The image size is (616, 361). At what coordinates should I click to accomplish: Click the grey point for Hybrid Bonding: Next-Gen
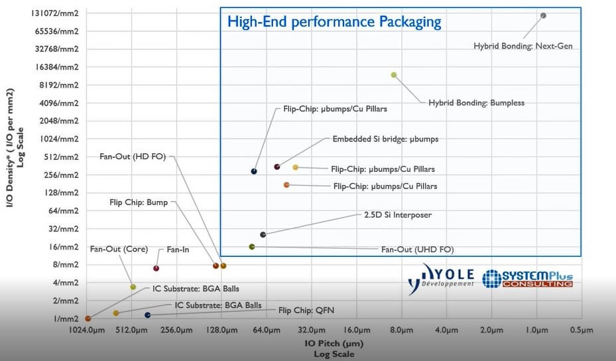tap(543, 15)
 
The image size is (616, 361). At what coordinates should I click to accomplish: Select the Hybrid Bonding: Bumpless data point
tap(394, 75)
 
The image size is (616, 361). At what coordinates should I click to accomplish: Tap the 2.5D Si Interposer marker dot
tap(263, 235)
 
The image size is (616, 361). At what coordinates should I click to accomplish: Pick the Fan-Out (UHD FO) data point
tap(252, 247)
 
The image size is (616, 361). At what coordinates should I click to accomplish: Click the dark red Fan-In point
tap(156, 268)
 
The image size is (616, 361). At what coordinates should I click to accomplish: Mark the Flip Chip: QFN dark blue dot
tap(148, 315)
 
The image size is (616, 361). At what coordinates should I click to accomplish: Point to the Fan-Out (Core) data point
tap(133, 287)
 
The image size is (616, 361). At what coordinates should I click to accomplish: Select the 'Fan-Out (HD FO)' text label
tap(133, 157)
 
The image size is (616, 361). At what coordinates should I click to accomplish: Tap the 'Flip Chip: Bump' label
tap(139, 202)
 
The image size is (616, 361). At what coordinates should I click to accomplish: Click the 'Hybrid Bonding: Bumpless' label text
tap(476, 103)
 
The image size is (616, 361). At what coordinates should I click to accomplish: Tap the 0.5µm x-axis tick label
tap(582, 330)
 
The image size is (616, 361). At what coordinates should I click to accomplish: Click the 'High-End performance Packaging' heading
tap(334, 22)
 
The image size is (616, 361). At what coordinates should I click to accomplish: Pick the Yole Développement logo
tap(440, 277)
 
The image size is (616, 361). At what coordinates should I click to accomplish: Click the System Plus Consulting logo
tap(528, 278)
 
